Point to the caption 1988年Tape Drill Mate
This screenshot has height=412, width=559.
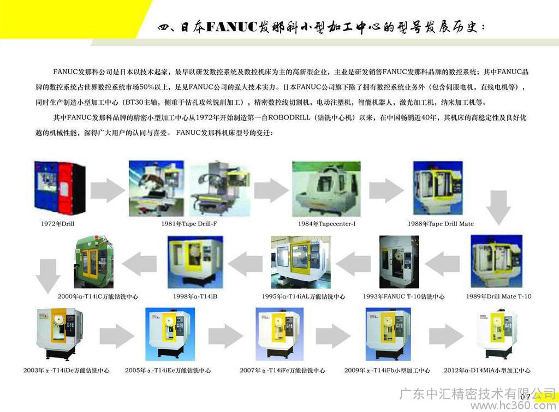(441, 224)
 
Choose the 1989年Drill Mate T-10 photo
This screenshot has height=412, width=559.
(496, 262)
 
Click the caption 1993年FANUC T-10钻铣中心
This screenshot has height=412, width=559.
(403, 296)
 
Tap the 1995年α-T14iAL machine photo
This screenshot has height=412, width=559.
(300, 262)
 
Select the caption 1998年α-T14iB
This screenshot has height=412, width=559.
(195, 296)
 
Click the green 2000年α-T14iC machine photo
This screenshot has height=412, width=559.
(93, 262)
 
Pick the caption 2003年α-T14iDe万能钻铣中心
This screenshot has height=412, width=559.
(66, 371)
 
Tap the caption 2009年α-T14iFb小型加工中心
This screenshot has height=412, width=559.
(387, 371)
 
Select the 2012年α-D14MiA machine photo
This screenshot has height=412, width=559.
(496, 333)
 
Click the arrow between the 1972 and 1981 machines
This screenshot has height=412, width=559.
(107, 189)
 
